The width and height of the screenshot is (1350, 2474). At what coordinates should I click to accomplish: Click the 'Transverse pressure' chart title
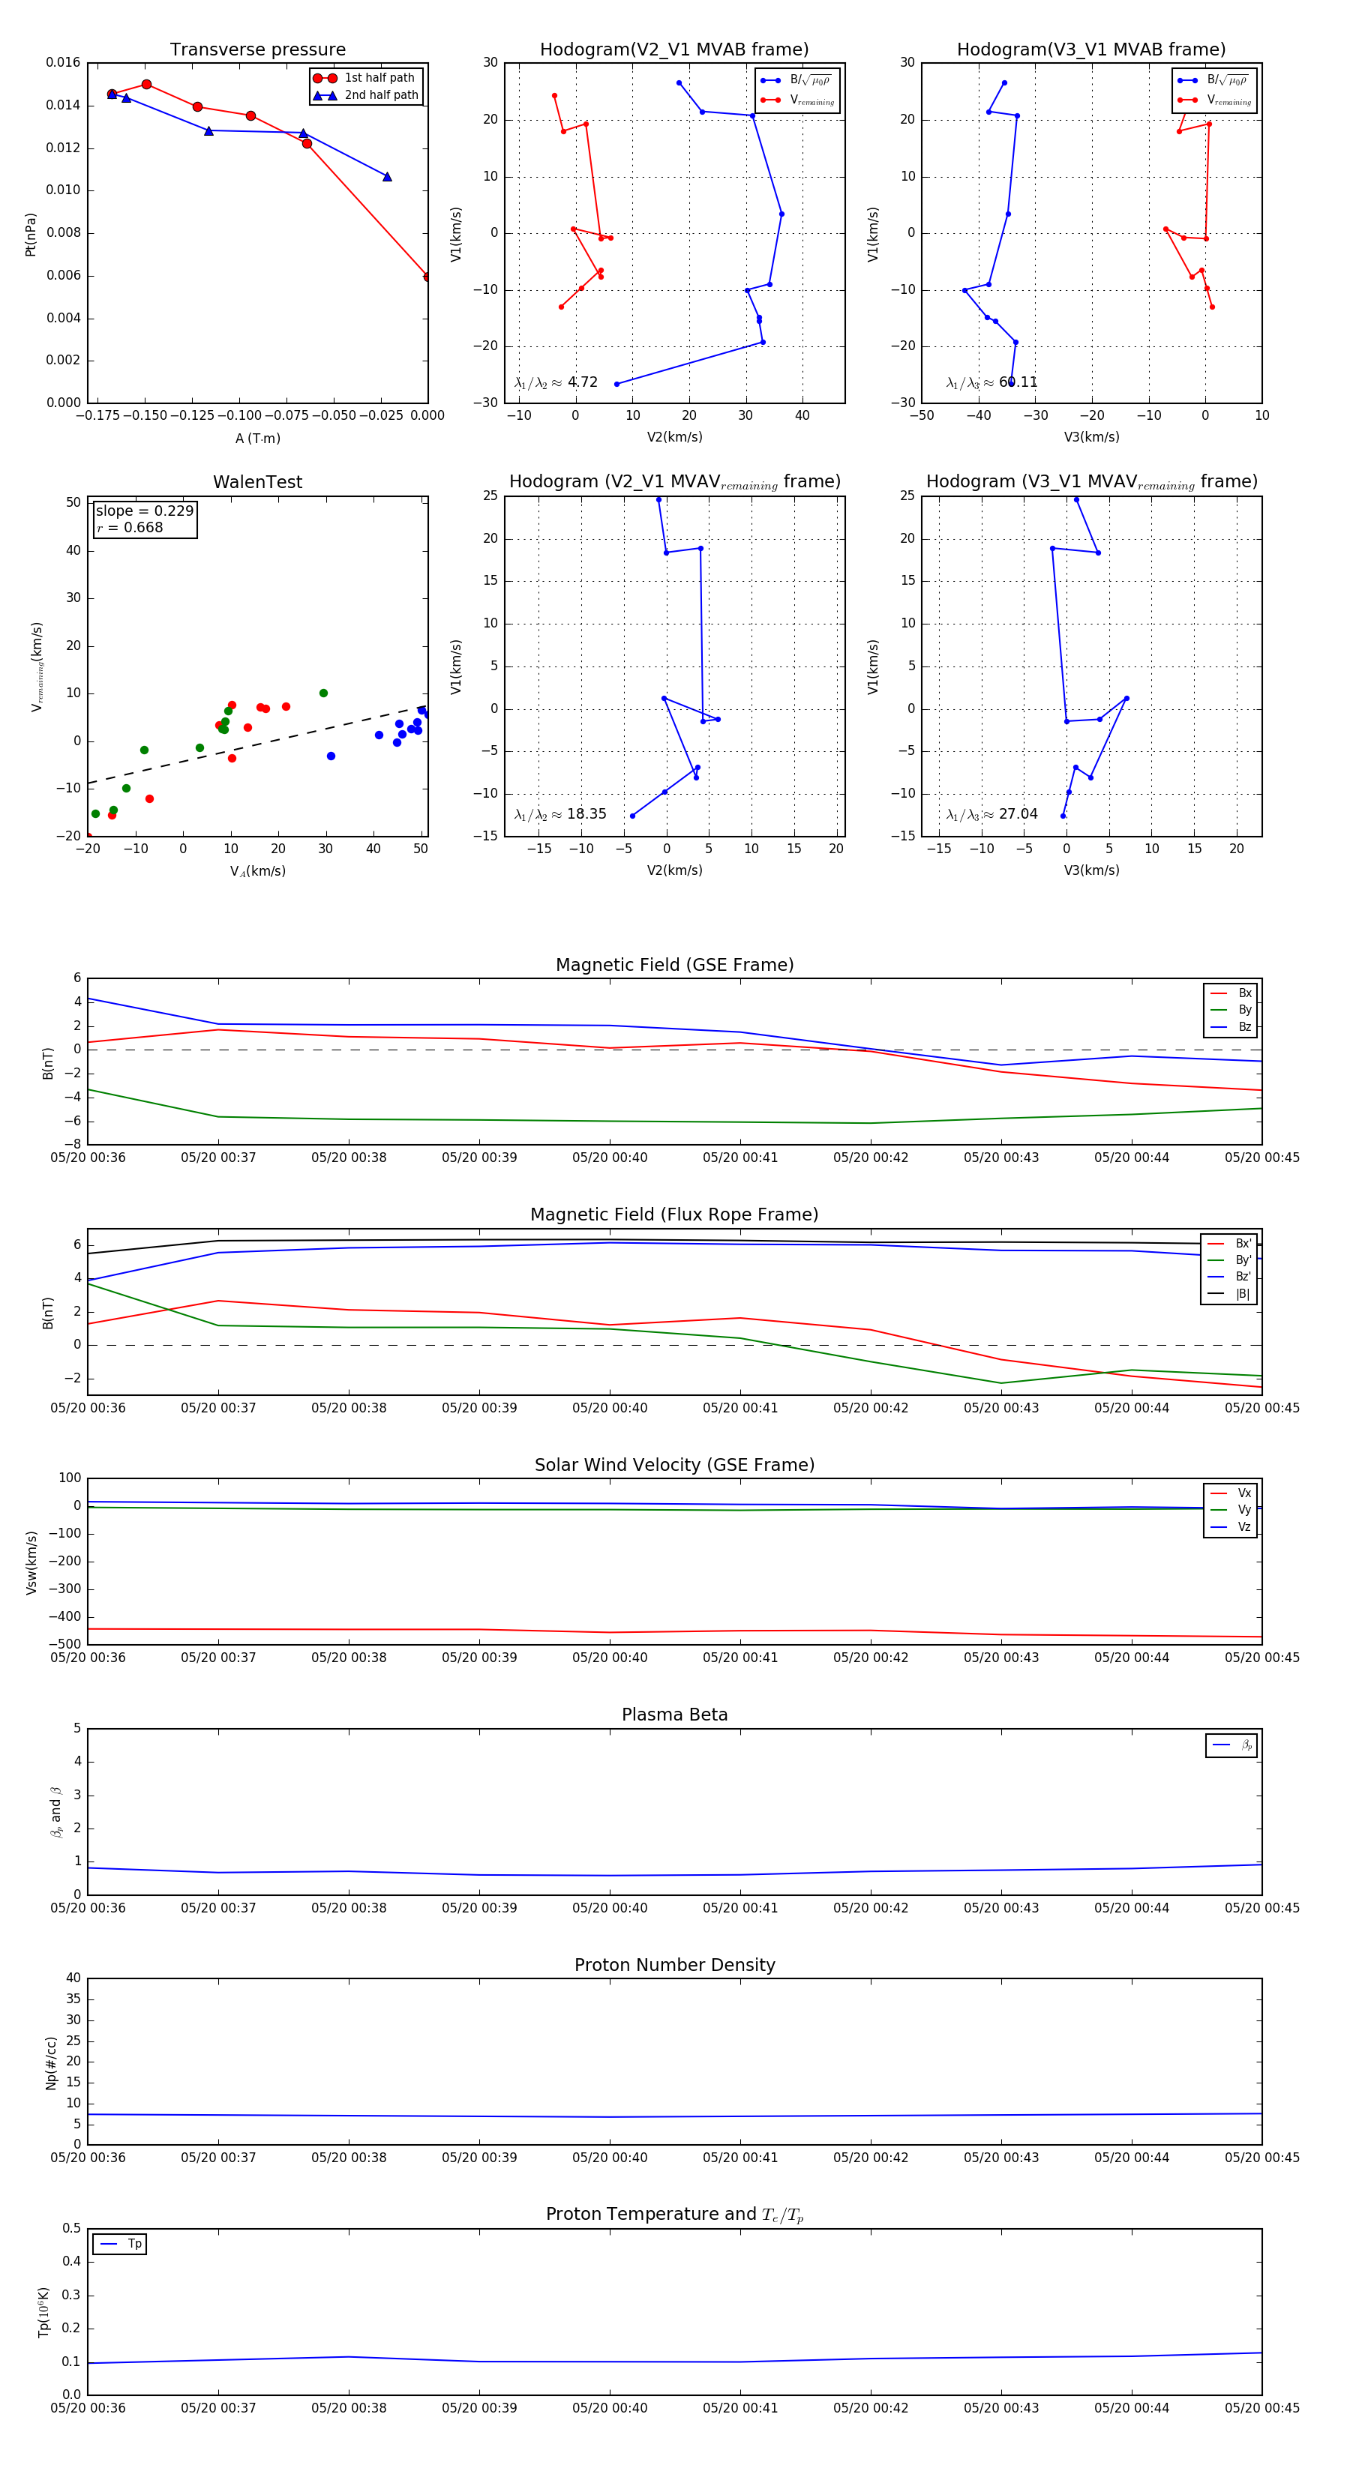click(x=257, y=50)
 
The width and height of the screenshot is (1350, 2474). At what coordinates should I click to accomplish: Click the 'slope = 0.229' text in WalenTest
click(x=144, y=511)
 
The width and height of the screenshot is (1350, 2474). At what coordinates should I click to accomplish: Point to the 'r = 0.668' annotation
click(x=130, y=527)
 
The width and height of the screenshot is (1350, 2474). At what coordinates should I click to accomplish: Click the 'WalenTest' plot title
click(x=257, y=482)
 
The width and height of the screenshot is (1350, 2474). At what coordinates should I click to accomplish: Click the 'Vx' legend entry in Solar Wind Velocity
click(x=1243, y=1493)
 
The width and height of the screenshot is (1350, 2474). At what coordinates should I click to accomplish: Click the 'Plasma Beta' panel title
click(x=674, y=1715)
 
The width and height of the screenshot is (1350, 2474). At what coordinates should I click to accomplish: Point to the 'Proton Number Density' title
click(x=674, y=1965)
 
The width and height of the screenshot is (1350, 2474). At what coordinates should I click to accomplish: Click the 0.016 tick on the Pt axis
click(x=64, y=62)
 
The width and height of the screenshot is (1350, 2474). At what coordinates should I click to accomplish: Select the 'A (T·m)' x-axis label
click(x=257, y=438)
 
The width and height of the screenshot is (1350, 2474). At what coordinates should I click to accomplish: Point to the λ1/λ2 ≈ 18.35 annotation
click(x=560, y=814)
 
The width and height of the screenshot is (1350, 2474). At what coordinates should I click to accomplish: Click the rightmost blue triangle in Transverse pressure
click(x=387, y=177)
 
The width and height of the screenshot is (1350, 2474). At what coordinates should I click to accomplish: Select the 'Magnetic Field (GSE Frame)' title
click(x=674, y=965)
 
